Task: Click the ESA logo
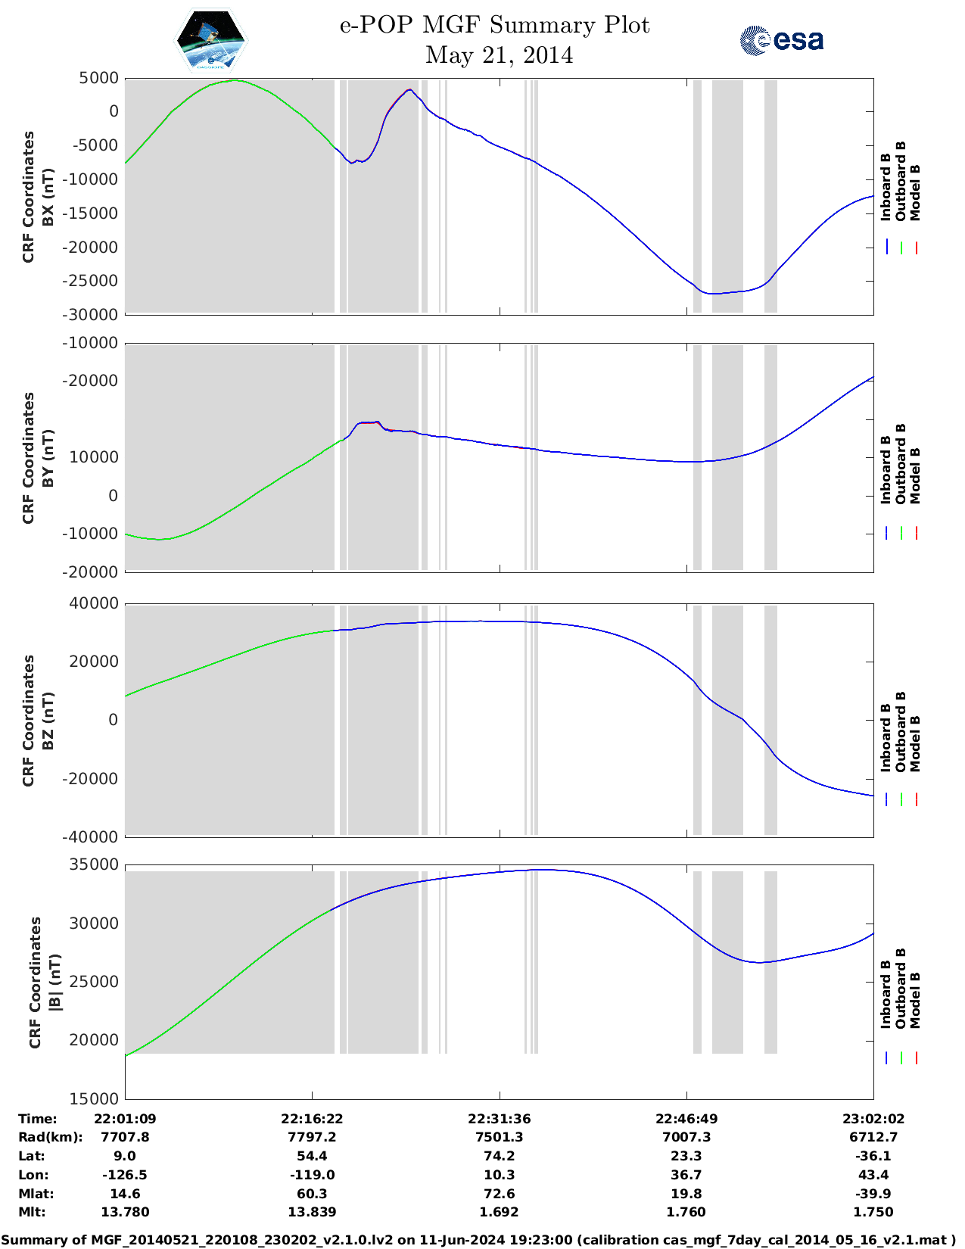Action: pyautogui.click(x=781, y=40)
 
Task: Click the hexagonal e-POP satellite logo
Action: pyautogui.click(x=210, y=40)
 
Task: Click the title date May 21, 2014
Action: pyautogui.click(x=499, y=55)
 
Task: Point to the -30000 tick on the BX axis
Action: pyautogui.click(x=94, y=315)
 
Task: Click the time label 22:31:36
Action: pyautogui.click(x=499, y=1119)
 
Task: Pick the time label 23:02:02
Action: pyautogui.click(x=873, y=1119)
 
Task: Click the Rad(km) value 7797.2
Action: pyautogui.click(x=312, y=1137)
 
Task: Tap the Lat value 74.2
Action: pyautogui.click(x=499, y=1156)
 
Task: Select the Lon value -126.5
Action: pyautogui.click(x=125, y=1175)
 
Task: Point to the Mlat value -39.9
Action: pyautogui.click(x=873, y=1194)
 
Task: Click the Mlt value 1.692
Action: pyautogui.click(x=499, y=1212)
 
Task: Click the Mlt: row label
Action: pyautogui.click(x=32, y=1212)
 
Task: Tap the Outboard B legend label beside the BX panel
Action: pyautogui.click(x=900, y=182)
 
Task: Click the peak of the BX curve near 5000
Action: pyautogui.click(x=235, y=80)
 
